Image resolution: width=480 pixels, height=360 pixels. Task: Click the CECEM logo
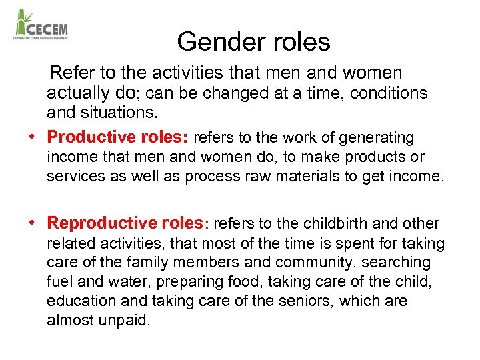pos(41,25)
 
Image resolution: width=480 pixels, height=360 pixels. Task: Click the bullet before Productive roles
pos(31,137)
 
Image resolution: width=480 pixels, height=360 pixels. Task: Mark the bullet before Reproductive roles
pos(31,223)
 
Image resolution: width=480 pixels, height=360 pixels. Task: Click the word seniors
pos(302,301)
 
